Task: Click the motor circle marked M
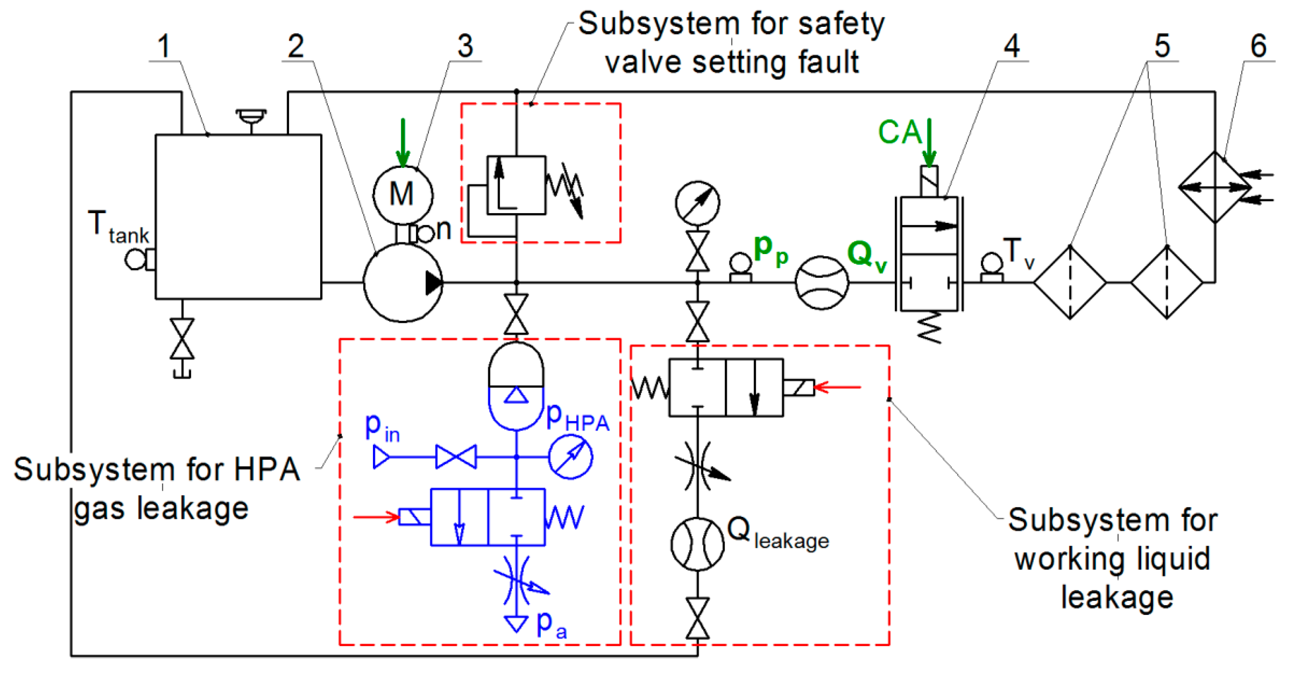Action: tap(403, 194)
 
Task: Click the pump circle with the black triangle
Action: tap(403, 282)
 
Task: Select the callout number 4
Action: tap(1011, 46)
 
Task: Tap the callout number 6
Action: tap(1258, 46)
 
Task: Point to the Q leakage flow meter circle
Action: tap(697, 544)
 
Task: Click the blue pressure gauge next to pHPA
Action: tap(570, 457)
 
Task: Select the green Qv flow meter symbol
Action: tap(822, 282)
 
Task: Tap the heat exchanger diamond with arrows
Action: tap(1215, 187)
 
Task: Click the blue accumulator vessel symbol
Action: tap(516, 385)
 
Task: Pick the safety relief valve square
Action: tap(516, 185)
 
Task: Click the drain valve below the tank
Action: tap(182, 338)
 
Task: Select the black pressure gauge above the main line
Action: tap(697, 203)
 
